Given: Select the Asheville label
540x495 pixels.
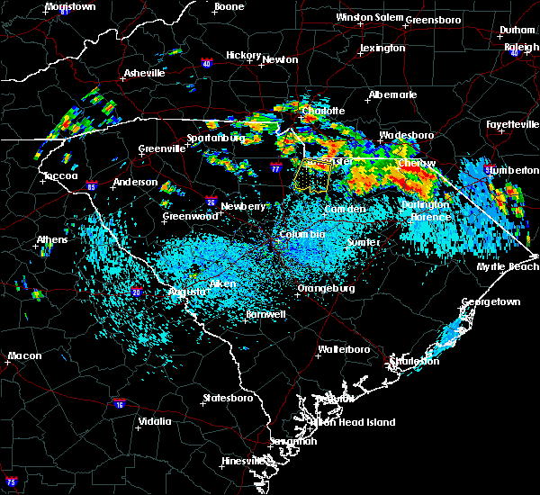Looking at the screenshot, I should (145, 73).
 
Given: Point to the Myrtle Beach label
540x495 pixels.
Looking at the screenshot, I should (511, 266).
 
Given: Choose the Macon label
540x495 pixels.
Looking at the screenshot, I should (24, 356).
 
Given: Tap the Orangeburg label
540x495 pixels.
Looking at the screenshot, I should (325, 289).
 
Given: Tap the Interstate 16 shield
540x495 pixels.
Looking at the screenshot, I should (120, 404).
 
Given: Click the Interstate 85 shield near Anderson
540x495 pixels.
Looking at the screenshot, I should (92, 187).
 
